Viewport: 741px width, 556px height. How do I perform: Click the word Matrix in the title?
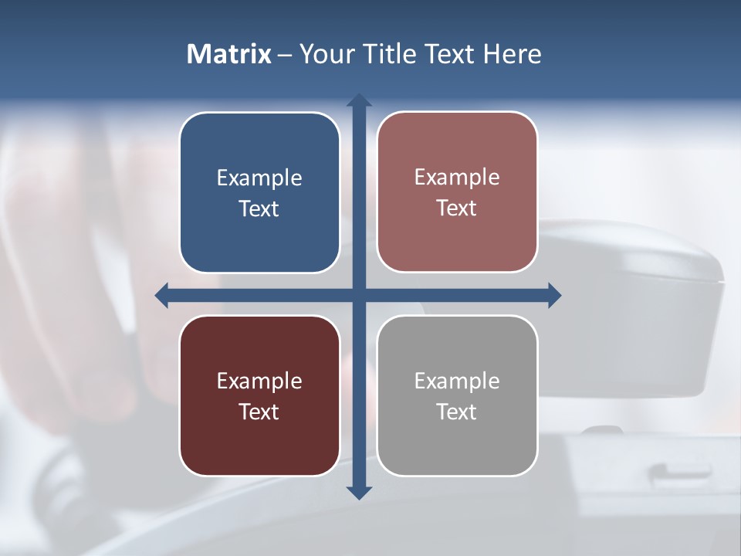(x=229, y=54)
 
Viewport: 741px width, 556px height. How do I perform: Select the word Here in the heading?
(x=512, y=54)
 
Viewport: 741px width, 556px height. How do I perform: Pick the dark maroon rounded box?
(x=259, y=440)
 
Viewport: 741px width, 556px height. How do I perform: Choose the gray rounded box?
(x=457, y=440)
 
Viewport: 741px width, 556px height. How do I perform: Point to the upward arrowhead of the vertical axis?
(x=359, y=100)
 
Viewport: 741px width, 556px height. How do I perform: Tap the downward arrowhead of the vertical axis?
(x=359, y=493)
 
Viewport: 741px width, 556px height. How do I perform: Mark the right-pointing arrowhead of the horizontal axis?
(x=554, y=295)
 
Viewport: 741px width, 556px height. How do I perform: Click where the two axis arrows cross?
(x=359, y=295)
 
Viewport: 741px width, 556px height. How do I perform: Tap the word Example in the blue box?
(x=259, y=178)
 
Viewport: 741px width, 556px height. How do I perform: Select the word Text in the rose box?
(x=457, y=208)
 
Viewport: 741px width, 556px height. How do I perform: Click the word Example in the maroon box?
(x=259, y=381)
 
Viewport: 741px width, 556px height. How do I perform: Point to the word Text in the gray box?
(x=457, y=412)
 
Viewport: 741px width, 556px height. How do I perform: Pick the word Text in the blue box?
(x=259, y=209)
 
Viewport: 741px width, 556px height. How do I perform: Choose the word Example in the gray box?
(x=457, y=381)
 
